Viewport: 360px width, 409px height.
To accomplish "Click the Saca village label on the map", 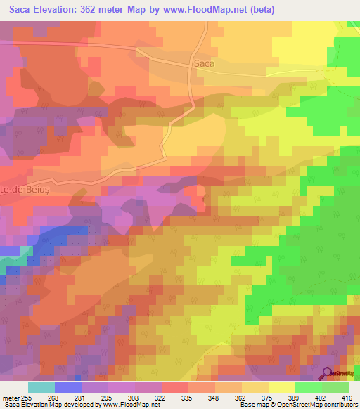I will [x=202, y=63].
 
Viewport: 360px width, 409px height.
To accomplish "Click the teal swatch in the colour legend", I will [x=41, y=387].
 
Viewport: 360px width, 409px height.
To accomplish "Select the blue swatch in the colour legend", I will [x=68, y=387].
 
